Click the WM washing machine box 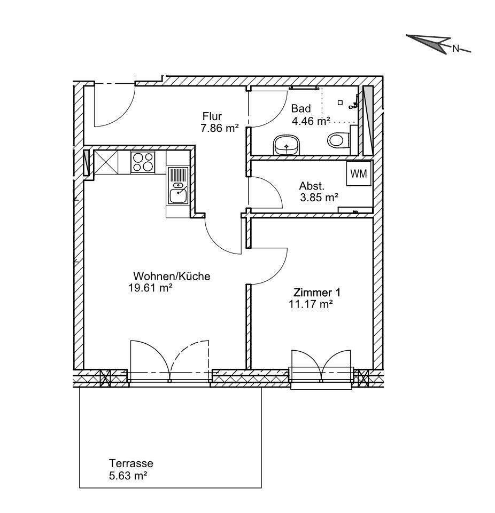coord(359,173)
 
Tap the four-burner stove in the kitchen coord(143,162)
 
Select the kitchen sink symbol coord(178,186)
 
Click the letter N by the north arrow coord(455,49)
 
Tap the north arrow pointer coord(429,42)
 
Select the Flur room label coord(212,116)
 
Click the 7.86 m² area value coord(220,128)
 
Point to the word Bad coord(301,108)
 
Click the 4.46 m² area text coord(311,121)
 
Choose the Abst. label coord(312,186)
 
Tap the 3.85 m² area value coord(319,198)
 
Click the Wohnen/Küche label coord(172,276)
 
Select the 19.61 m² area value coord(151,288)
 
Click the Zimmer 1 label coord(317,292)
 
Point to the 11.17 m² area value coord(311,304)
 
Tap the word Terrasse coord(131,463)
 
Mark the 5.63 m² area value coord(128,476)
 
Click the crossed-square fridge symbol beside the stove coord(106,162)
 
